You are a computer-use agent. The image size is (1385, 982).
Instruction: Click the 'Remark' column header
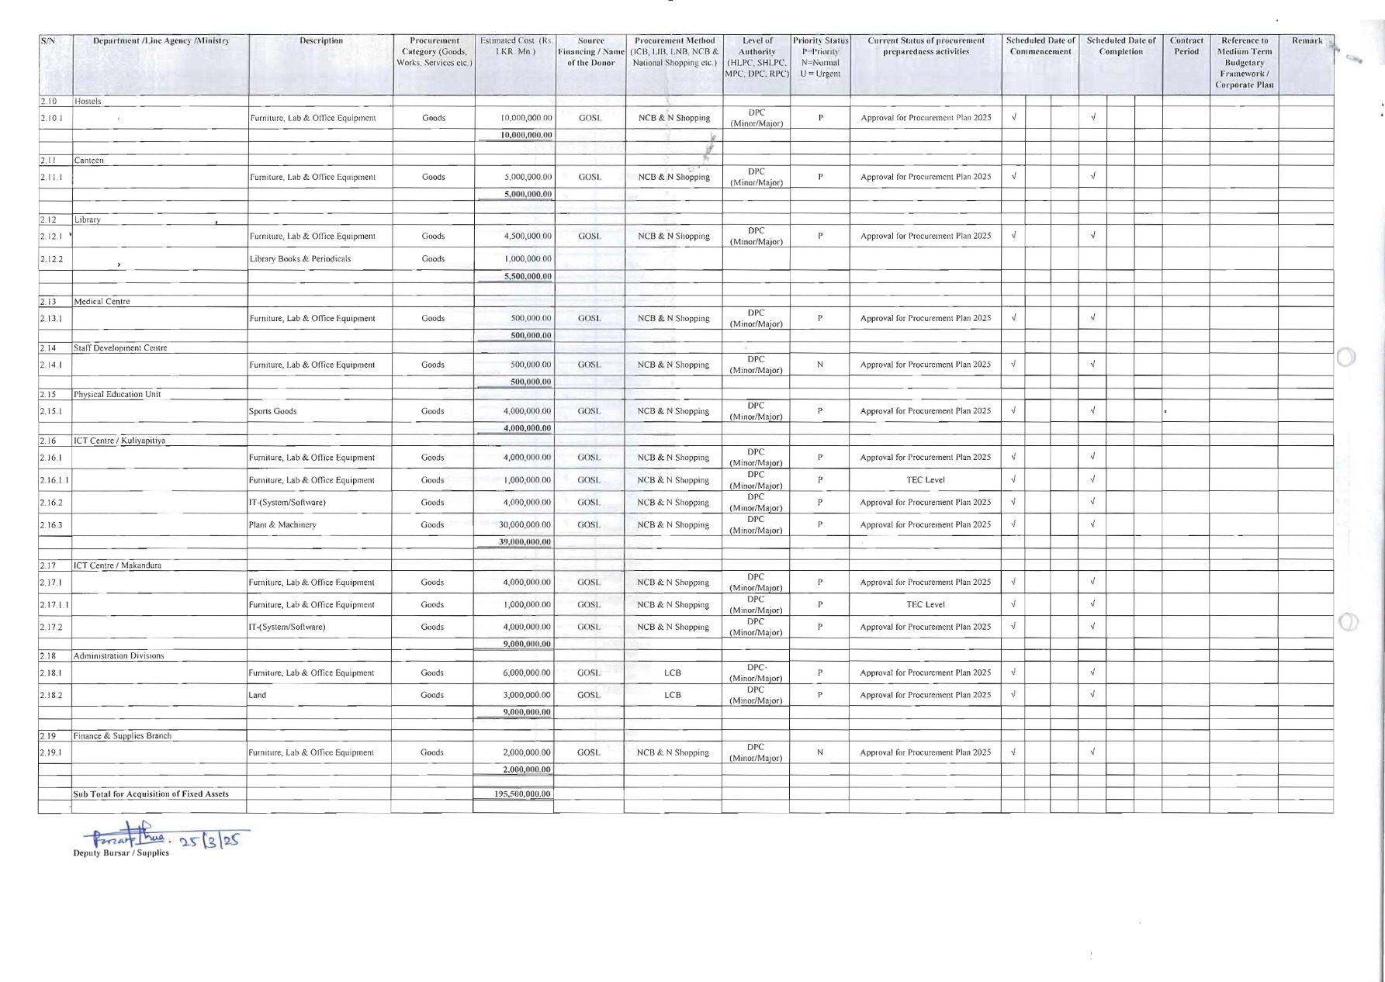tap(1307, 41)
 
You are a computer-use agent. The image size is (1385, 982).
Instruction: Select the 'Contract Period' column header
tap(1186, 47)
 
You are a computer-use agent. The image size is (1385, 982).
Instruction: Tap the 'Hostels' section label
tap(88, 102)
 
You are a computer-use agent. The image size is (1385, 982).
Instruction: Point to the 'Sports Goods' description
tap(273, 411)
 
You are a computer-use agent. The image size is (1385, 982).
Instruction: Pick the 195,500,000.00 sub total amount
tap(522, 794)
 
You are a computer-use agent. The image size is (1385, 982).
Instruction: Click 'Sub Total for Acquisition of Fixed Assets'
tap(151, 794)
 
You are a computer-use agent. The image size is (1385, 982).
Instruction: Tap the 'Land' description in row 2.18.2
tap(258, 696)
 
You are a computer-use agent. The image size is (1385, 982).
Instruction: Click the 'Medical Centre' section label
tap(102, 302)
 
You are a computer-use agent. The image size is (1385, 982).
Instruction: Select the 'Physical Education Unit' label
tap(117, 395)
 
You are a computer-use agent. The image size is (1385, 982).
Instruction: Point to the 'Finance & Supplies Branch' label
tap(123, 736)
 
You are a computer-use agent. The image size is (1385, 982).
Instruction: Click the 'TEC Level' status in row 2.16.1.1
tap(926, 480)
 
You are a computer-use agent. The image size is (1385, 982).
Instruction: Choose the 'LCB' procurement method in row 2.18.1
tap(673, 673)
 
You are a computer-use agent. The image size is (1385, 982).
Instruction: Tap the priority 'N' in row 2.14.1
tap(820, 365)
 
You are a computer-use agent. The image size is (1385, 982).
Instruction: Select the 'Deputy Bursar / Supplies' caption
tap(120, 853)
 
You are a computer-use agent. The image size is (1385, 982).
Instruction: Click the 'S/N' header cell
tap(47, 41)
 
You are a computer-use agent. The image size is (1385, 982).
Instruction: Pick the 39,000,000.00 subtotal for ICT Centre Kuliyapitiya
tap(525, 542)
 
